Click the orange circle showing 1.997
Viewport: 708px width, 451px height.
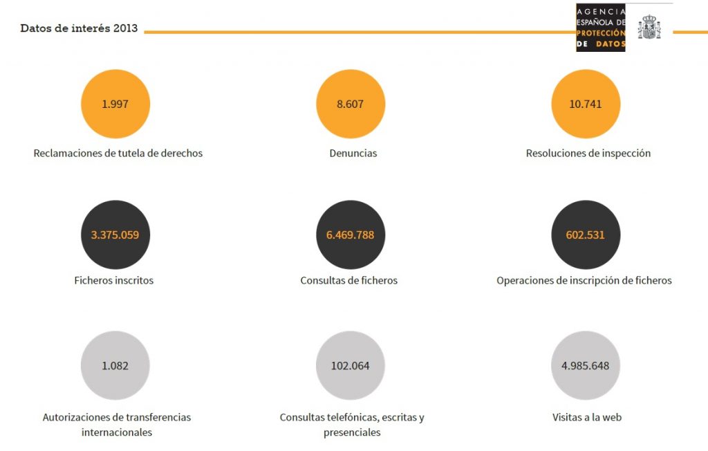(x=115, y=104)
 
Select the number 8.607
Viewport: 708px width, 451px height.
(x=350, y=104)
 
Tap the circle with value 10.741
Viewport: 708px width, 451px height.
(x=586, y=104)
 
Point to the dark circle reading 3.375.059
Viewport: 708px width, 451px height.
(x=115, y=234)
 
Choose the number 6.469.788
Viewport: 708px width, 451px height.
(x=350, y=235)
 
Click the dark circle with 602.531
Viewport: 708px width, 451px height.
(x=586, y=234)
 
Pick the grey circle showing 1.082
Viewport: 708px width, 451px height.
(x=115, y=365)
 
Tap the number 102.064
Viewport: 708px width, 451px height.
(x=350, y=366)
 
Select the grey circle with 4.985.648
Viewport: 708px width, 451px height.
(x=586, y=365)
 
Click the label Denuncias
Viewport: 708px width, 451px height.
(x=353, y=153)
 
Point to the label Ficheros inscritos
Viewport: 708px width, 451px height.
(x=114, y=280)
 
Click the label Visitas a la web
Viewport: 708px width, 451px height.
(x=586, y=417)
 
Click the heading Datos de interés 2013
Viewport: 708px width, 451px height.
(x=79, y=28)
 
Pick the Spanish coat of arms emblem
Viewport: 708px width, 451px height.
(x=649, y=27)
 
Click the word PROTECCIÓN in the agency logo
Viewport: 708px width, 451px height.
(x=601, y=33)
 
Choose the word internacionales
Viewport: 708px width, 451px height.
(x=116, y=432)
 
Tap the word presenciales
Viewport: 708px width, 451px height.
(x=352, y=432)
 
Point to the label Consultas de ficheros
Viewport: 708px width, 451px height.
(x=349, y=280)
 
